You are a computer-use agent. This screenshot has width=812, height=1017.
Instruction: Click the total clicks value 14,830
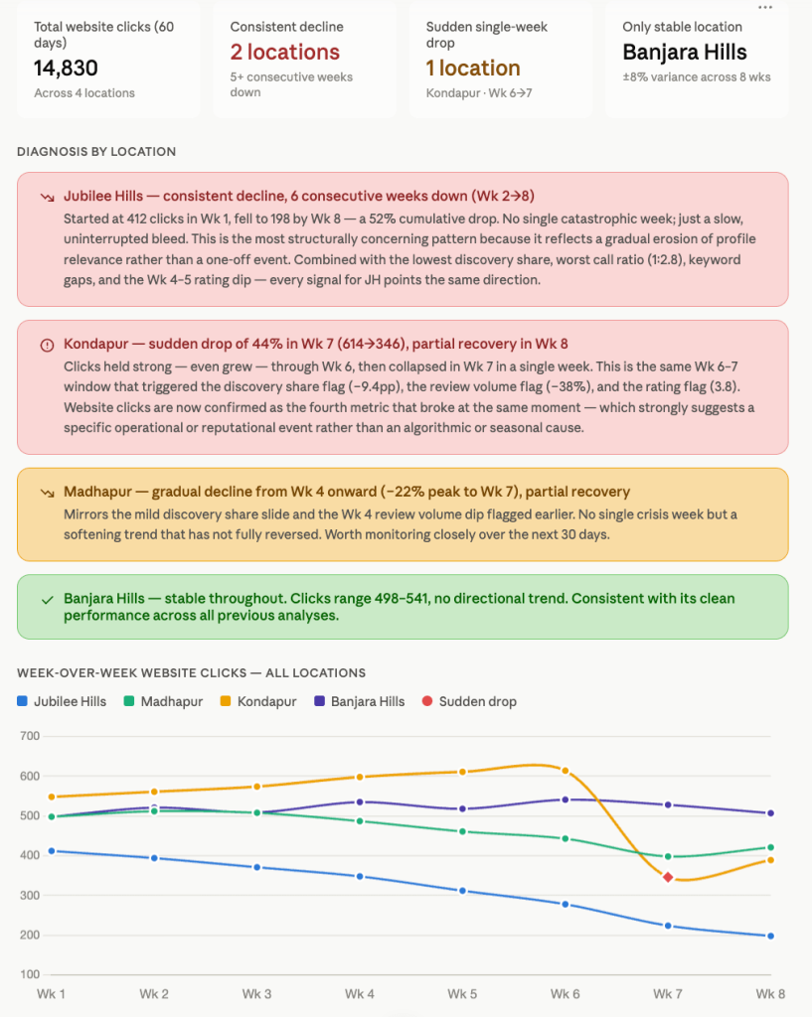click(x=66, y=69)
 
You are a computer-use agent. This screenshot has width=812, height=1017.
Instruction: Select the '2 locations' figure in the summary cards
click(x=285, y=52)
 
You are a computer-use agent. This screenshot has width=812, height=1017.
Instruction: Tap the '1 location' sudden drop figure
click(x=473, y=69)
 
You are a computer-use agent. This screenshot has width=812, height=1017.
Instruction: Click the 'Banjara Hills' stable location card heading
click(x=685, y=52)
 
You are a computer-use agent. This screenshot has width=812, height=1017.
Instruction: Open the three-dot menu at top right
click(x=765, y=7)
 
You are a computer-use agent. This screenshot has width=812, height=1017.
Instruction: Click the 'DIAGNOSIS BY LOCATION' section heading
click(x=96, y=152)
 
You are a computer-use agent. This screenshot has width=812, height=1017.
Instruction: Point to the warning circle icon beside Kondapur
click(x=47, y=345)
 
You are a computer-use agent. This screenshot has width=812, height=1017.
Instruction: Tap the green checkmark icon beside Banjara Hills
click(x=47, y=600)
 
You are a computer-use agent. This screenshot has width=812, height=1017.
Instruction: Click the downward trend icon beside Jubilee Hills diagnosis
click(x=47, y=198)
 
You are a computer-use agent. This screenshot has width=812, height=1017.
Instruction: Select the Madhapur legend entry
click(x=164, y=701)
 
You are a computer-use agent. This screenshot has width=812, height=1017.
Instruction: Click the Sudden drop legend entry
click(x=469, y=701)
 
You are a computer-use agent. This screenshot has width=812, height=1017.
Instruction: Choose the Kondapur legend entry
click(x=258, y=701)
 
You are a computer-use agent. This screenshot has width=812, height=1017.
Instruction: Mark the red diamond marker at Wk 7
click(x=668, y=877)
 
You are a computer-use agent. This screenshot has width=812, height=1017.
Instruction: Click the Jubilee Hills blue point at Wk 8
click(x=770, y=936)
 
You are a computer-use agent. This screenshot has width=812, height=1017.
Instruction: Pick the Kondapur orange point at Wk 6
click(x=566, y=771)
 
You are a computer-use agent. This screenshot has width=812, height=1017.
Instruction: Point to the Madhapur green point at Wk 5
click(x=463, y=831)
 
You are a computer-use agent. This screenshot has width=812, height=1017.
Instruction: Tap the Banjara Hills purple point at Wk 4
click(x=360, y=802)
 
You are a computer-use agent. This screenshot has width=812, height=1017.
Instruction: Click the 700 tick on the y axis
click(x=30, y=736)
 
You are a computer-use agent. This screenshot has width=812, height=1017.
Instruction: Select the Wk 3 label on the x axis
click(x=257, y=993)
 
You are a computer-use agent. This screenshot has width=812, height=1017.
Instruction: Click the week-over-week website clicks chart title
click(x=192, y=673)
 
